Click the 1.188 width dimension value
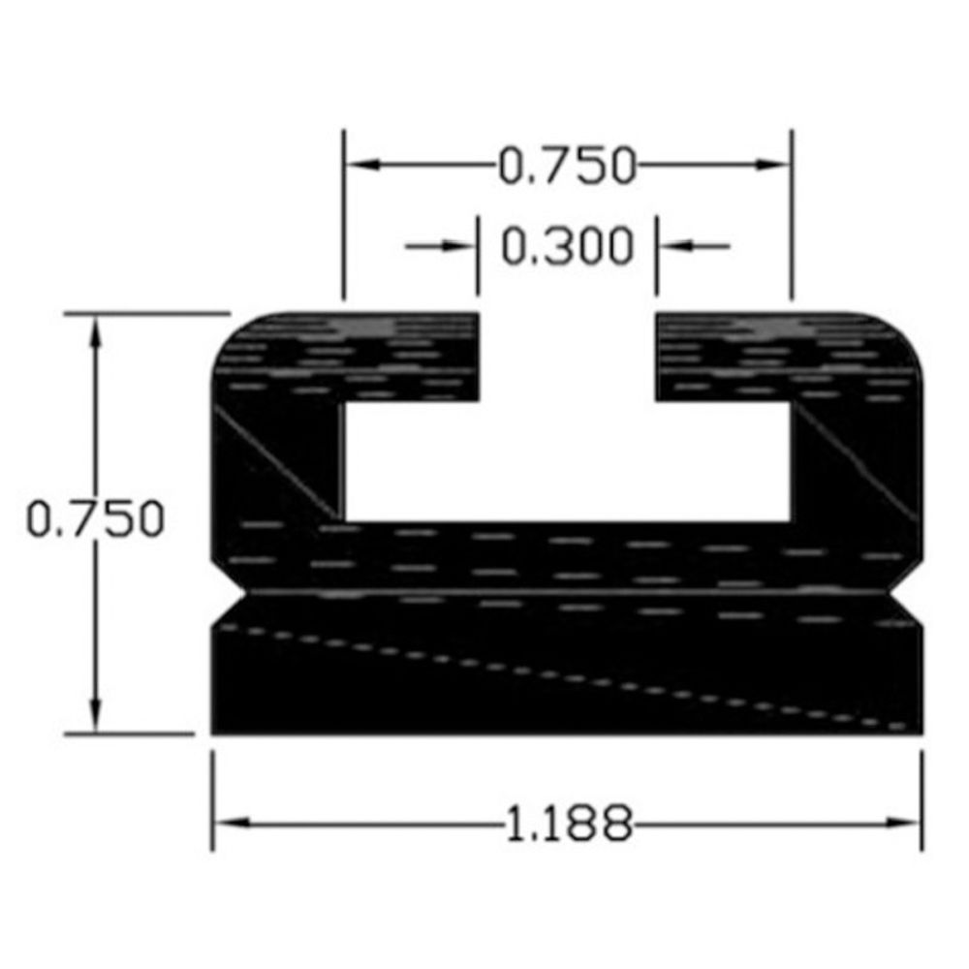point(569,823)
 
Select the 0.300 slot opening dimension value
point(567,246)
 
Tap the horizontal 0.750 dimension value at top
point(567,166)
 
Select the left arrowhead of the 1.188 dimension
point(232,823)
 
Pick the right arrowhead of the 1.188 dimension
point(903,823)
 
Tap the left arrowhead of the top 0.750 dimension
point(362,165)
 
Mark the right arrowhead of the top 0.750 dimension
point(772,165)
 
